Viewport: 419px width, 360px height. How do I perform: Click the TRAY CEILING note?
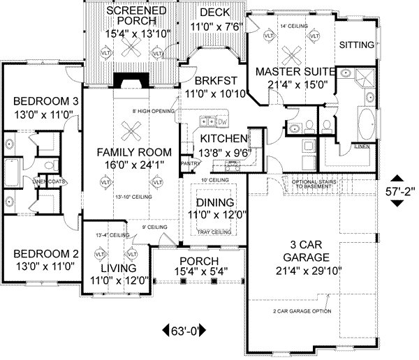[x=216, y=232]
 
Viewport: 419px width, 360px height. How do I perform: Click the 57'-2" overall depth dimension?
[x=397, y=189]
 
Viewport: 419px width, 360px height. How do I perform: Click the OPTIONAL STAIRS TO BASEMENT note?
[x=321, y=185]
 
